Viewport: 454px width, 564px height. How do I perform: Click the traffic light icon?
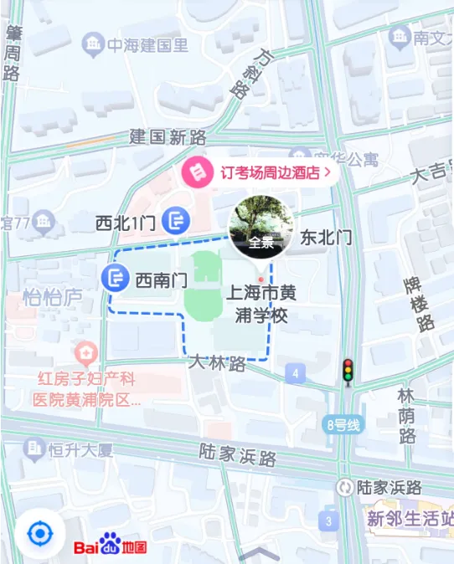click(347, 372)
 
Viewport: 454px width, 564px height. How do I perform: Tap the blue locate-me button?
click(39, 533)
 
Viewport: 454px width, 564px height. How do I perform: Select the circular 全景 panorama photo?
click(261, 228)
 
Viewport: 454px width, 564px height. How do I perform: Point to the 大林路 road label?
click(217, 364)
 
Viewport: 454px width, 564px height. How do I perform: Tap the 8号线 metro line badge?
click(343, 425)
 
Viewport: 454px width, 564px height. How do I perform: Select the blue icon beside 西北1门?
click(176, 221)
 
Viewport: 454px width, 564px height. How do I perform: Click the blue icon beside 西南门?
click(116, 278)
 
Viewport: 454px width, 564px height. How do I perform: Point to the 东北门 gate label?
click(326, 238)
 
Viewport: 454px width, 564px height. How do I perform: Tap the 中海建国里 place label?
click(138, 44)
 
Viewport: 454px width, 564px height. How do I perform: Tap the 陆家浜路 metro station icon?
click(344, 487)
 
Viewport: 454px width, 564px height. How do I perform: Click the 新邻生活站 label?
click(409, 517)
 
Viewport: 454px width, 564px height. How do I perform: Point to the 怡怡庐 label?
click(52, 297)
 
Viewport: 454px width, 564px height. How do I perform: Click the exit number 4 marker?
click(294, 372)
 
